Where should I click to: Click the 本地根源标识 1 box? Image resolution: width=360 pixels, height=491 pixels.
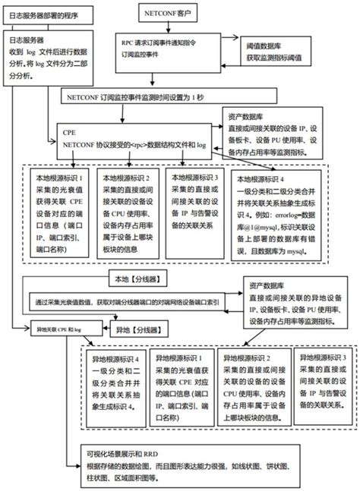62,212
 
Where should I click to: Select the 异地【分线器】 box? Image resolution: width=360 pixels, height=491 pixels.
137,330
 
